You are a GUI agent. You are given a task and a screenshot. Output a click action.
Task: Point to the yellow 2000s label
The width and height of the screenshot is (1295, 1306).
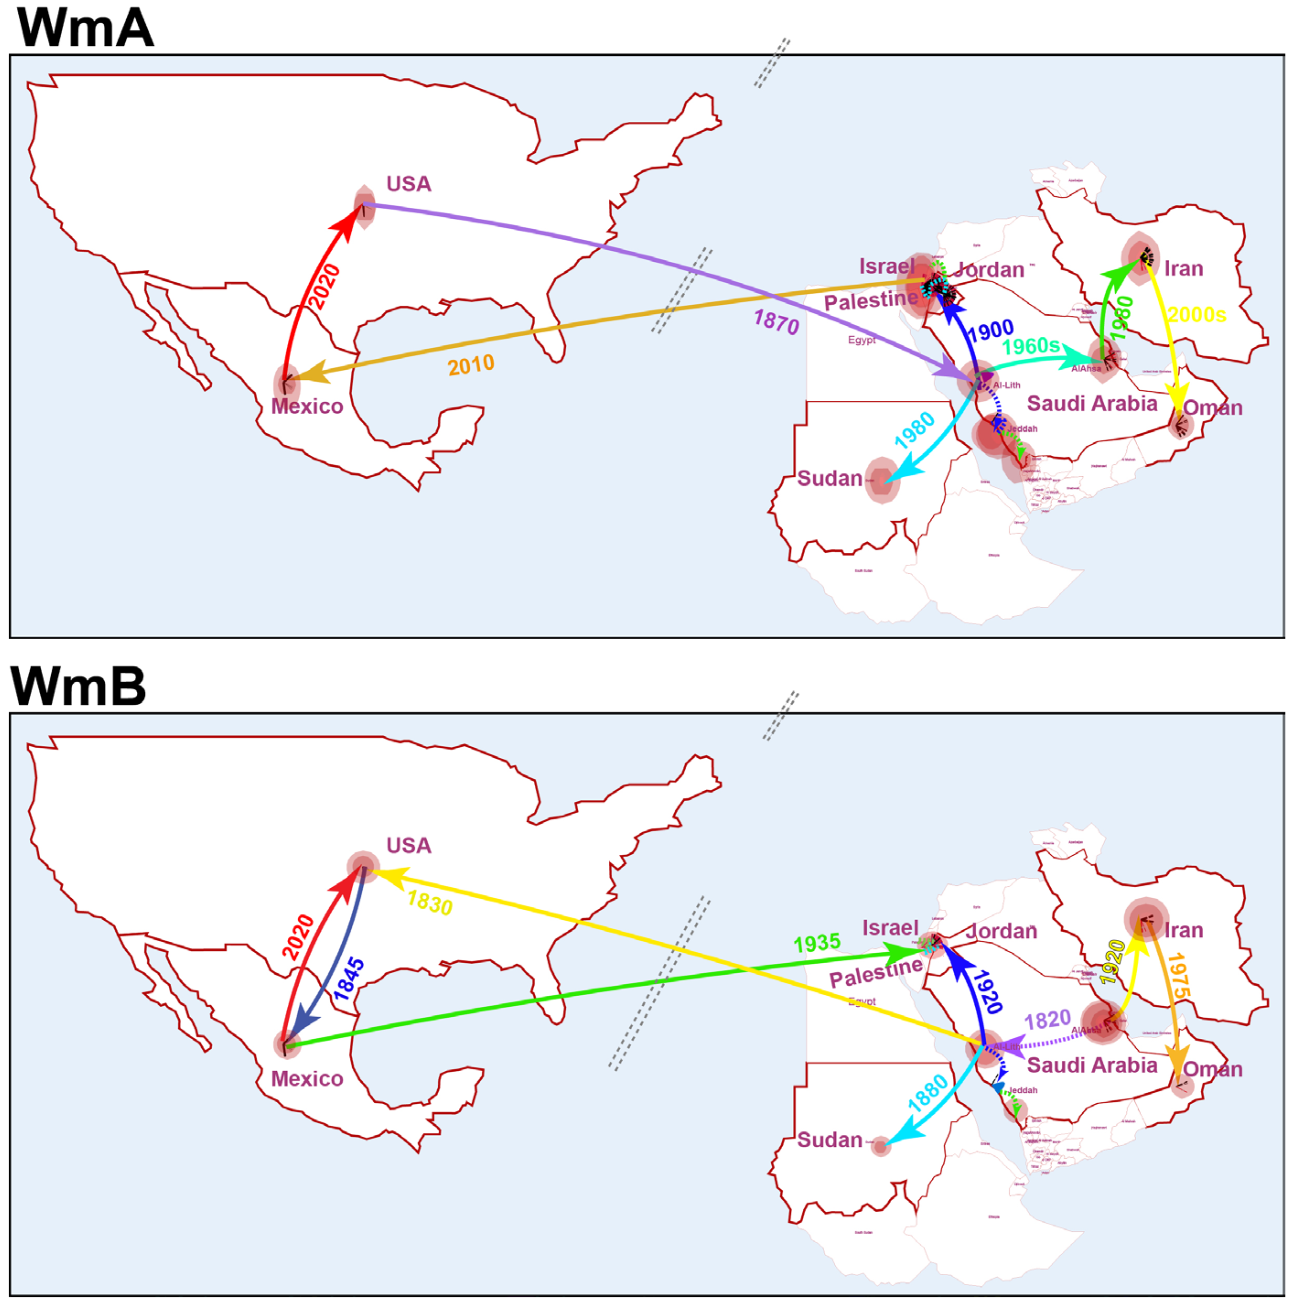click(1196, 314)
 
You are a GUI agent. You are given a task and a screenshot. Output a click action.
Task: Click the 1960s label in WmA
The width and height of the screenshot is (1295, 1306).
click(1031, 347)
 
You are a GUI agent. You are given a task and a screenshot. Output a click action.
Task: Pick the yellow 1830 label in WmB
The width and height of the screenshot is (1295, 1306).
click(430, 903)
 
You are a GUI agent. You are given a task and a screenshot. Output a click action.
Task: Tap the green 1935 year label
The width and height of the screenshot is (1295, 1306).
click(817, 943)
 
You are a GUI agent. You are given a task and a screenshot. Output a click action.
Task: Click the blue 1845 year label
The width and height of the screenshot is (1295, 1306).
click(349, 979)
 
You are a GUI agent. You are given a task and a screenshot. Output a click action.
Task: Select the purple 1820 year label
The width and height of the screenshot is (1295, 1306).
click(1047, 1020)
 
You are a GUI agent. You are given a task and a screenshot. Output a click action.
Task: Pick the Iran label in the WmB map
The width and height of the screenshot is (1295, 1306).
click(1183, 930)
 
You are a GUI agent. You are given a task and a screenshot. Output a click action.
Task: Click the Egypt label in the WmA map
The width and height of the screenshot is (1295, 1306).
click(862, 340)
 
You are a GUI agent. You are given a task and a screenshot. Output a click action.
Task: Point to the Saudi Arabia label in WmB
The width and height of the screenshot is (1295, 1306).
click(1091, 1065)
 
